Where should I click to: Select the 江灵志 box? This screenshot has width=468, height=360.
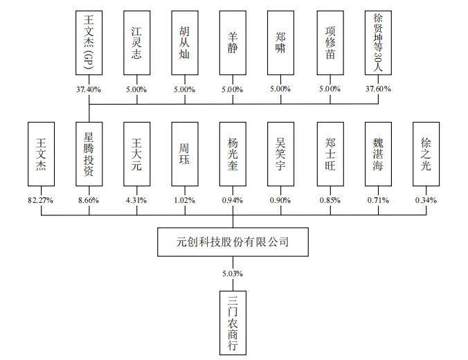(x=136, y=42)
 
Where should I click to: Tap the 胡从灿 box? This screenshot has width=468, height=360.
(x=184, y=42)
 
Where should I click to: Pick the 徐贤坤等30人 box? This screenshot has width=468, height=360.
(x=378, y=42)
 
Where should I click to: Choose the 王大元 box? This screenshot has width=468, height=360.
(x=136, y=154)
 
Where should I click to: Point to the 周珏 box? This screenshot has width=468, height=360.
(x=184, y=154)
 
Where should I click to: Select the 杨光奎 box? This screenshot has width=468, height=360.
(x=233, y=154)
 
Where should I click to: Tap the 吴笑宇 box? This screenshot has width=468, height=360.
(x=281, y=154)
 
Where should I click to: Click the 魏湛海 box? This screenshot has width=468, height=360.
(x=378, y=154)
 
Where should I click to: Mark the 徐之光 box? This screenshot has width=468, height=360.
(x=426, y=154)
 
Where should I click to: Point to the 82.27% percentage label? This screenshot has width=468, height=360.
(x=40, y=200)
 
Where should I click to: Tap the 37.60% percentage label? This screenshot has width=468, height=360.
(x=378, y=89)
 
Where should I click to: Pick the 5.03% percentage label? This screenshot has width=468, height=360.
(x=233, y=274)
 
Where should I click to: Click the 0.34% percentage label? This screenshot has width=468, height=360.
(x=426, y=200)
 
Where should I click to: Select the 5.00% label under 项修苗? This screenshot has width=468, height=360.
(x=330, y=89)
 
